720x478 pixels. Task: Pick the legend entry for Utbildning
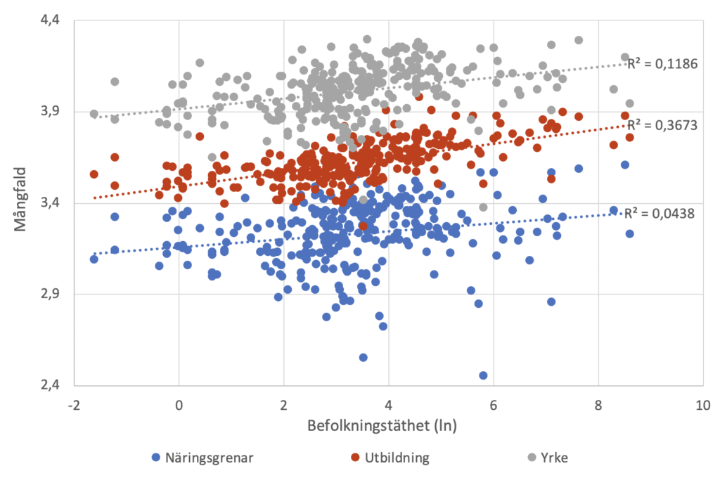[397, 458]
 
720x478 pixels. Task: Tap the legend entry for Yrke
[553, 458]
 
